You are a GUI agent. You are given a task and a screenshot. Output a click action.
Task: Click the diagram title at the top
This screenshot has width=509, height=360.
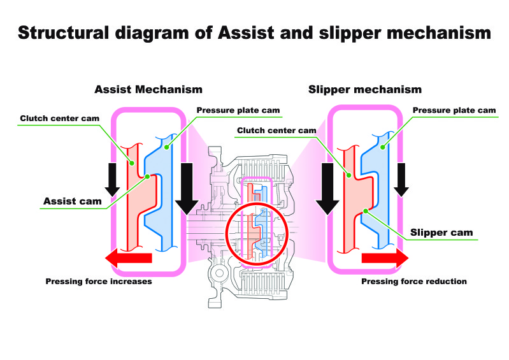click(255, 33)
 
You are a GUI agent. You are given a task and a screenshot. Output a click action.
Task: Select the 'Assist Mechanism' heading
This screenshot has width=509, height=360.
click(148, 89)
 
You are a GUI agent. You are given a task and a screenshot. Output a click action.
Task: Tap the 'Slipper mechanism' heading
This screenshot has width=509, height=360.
click(365, 89)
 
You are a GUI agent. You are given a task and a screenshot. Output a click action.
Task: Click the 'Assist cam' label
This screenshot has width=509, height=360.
click(73, 201)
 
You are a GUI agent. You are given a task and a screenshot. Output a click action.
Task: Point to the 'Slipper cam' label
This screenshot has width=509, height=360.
click(441, 233)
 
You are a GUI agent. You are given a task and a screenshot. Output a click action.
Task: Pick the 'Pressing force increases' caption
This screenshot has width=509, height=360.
click(99, 281)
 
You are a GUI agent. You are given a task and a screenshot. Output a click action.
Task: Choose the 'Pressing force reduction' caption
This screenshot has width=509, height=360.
click(414, 281)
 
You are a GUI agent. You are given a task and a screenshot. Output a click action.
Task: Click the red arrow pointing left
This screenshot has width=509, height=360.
click(129, 258)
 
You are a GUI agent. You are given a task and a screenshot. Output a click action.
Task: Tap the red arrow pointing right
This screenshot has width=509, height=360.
click(385, 258)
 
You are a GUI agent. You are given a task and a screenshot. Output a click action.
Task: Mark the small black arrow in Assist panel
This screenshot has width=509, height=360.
click(112, 180)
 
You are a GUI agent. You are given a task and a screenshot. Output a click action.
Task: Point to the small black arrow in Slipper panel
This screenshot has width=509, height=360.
click(401, 180)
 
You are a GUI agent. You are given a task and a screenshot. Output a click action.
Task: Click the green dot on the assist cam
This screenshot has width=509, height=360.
click(147, 176)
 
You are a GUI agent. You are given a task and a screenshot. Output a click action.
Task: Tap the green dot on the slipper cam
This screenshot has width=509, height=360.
click(366, 211)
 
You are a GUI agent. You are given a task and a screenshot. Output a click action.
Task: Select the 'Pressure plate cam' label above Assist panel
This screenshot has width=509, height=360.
click(238, 110)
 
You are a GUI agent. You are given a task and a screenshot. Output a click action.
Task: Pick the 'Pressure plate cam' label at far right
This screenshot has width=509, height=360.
click(454, 110)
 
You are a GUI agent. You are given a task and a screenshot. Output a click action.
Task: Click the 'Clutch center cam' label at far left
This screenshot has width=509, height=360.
click(60, 118)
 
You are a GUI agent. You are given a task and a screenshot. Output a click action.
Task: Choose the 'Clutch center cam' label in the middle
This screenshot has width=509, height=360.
click(276, 131)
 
